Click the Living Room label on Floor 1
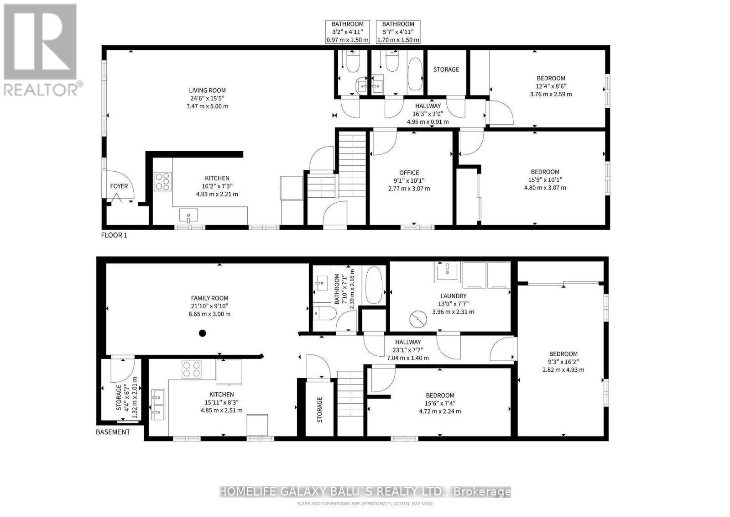click(208, 90)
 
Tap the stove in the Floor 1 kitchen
click(163, 181)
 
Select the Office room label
click(409, 173)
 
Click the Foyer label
click(119, 186)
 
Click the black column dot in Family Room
click(203, 333)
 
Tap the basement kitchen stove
click(192, 369)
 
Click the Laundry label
click(453, 296)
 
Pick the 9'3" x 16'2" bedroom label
click(563, 362)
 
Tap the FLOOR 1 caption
click(114, 235)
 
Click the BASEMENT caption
click(113, 432)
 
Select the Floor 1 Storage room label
click(446, 69)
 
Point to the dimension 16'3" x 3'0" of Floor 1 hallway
click(428, 114)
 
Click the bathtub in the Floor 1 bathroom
click(415, 74)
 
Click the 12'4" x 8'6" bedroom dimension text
click(551, 86)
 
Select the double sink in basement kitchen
click(158, 404)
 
